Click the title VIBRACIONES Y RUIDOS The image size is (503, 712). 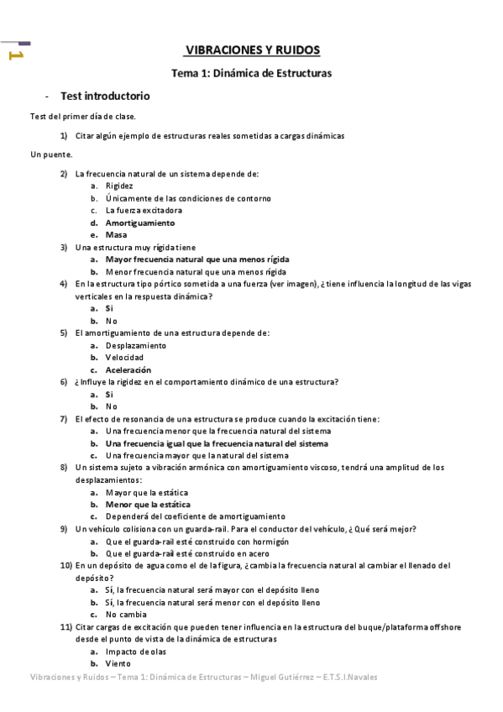[x=251, y=50]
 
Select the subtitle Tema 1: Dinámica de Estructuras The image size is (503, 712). [x=251, y=73]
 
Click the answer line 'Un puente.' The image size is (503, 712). [x=51, y=154]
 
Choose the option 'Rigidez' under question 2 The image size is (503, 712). [x=119, y=186]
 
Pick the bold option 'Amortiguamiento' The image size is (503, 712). [x=139, y=222]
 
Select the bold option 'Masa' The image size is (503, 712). [x=116, y=235]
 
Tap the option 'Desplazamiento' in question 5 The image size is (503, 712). [x=136, y=345]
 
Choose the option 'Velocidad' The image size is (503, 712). [x=125, y=358]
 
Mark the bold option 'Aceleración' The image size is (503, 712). [x=128, y=369]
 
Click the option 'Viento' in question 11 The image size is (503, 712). [x=119, y=663]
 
